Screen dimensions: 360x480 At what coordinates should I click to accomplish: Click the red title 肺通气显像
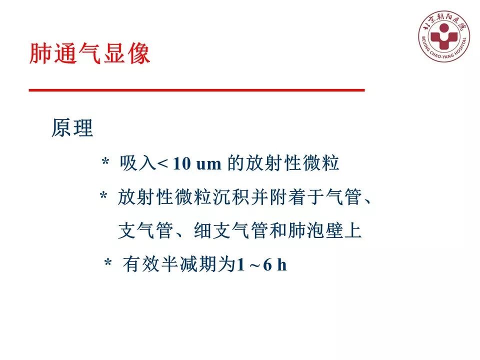[x=90, y=54]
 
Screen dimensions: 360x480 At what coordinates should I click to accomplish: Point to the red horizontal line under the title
[x=196, y=90]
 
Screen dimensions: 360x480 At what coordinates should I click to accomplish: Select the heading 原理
[x=72, y=128]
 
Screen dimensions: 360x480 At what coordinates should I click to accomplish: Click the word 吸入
[x=138, y=163]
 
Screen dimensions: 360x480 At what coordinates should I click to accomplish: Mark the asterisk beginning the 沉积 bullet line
[x=103, y=197]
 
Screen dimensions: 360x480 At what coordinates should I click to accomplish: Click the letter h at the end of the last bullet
[x=282, y=265]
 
